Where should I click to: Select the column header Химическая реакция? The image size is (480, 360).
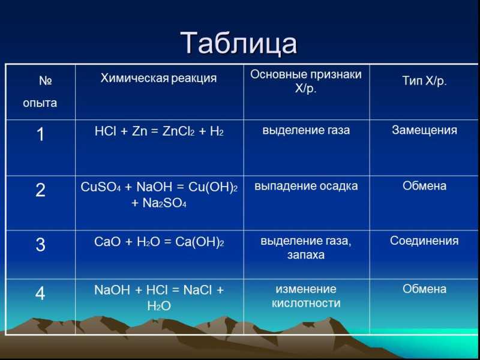tap(158, 79)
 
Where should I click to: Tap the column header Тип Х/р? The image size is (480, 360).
tap(424, 81)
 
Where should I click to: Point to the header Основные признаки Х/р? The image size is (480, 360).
tap(306, 81)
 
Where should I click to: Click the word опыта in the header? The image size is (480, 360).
tap(40, 103)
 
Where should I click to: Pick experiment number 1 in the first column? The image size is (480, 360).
tap(40, 134)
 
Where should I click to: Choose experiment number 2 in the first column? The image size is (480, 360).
tap(40, 190)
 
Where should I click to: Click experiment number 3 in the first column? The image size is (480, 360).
tap(40, 245)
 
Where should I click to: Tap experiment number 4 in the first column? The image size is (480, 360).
tap(40, 293)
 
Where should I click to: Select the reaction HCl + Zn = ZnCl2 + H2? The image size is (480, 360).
tap(159, 131)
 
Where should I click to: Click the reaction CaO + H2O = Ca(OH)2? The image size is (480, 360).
tap(159, 242)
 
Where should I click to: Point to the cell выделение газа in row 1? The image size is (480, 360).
tap(306, 130)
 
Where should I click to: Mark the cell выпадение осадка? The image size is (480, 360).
tap(306, 186)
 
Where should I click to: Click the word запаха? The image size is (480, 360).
tap(306, 255)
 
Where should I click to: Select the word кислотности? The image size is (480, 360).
tap(306, 304)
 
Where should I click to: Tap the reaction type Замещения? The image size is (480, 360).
tap(424, 130)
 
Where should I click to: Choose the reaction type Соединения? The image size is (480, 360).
tap(424, 241)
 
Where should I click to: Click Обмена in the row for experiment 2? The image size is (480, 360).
tap(424, 186)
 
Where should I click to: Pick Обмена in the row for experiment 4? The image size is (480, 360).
tap(424, 289)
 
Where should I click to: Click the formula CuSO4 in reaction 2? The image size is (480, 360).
tap(101, 187)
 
